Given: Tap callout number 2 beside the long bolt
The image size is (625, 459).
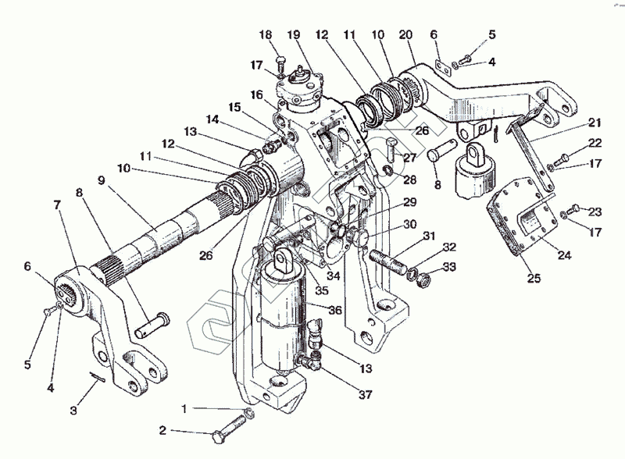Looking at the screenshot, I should (163, 430).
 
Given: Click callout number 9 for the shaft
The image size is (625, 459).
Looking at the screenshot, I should (101, 180).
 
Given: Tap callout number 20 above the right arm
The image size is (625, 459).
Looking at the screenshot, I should (405, 34).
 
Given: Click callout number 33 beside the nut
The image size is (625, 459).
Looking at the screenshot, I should (451, 267).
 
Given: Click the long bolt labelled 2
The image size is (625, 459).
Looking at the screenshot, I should (227, 425).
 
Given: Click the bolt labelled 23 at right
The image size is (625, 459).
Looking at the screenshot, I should (576, 208).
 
